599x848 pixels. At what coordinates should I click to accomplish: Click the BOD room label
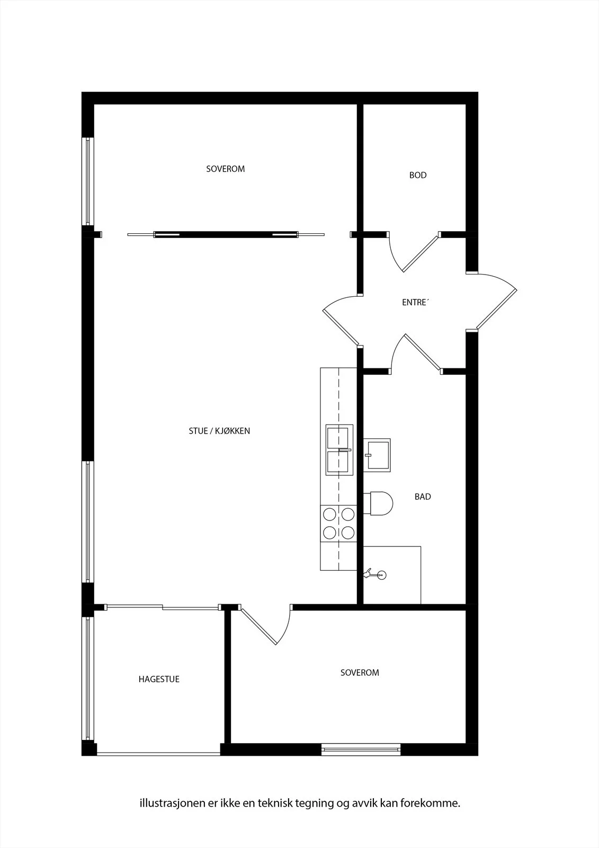(418, 175)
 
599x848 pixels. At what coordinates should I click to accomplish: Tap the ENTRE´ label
(415, 302)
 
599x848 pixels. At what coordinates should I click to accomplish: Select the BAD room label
(423, 497)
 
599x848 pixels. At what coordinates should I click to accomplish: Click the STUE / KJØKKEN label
(219, 431)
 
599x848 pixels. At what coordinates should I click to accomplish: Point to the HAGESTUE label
(159, 679)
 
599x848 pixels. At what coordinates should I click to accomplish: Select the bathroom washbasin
(377, 455)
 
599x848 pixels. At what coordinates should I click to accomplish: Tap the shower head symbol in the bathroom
(375, 575)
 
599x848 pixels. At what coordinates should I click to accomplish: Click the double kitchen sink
(339, 450)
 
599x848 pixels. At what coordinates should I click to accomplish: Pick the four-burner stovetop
(338, 524)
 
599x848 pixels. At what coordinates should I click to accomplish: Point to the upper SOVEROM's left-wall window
(88, 181)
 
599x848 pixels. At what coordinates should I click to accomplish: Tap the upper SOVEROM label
(226, 169)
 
